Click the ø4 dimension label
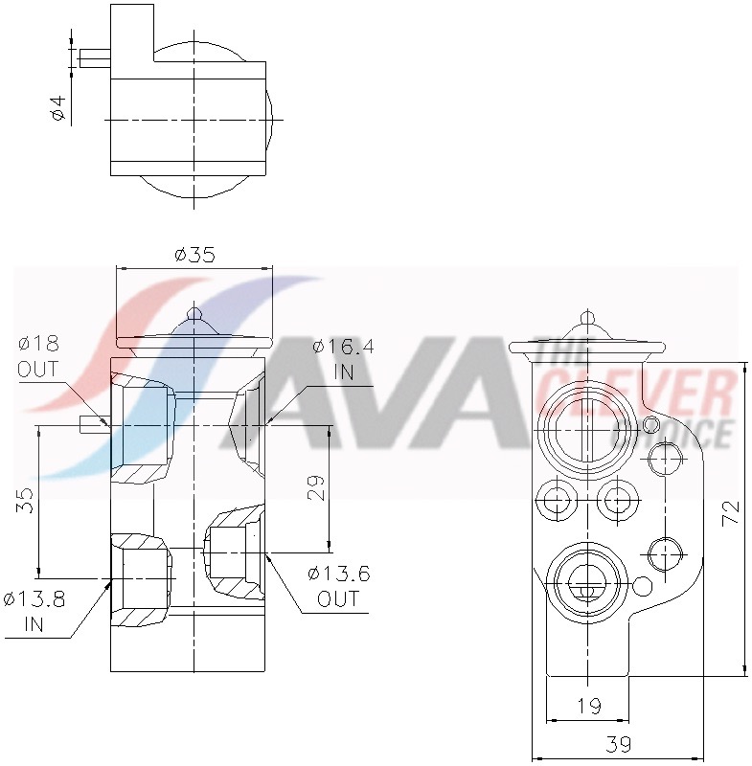pyautogui.click(x=58, y=108)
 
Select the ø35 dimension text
pyautogui.click(x=194, y=255)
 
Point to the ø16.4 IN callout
pyautogui.click(x=343, y=360)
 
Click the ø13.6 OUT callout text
pyautogui.click(x=338, y=586)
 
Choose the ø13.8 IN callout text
pyautogui.click(x=34, y=612)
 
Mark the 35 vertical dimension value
pyautogui.click(x=26, y=500)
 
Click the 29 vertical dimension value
pyautogui.click(x=317, y=487)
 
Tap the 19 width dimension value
pyautogui.click(x=589, y=707)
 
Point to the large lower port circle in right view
pyautogui.click(x=586, y=582)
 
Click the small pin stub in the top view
pyautogui.click(x=94, y=58)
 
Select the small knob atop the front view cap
pyautogui.click(x=194, y=313)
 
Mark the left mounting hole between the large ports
pyautogui.click(x=556, y=498)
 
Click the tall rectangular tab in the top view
pyautogui.click(x=132, y=34)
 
